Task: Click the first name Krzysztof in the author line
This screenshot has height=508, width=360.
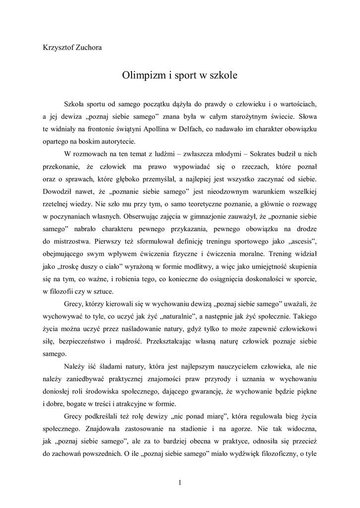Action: pyautogui.click(x=58, y=48)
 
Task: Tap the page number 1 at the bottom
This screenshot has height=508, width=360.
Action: pyautogui.click(x=180, y=483)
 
